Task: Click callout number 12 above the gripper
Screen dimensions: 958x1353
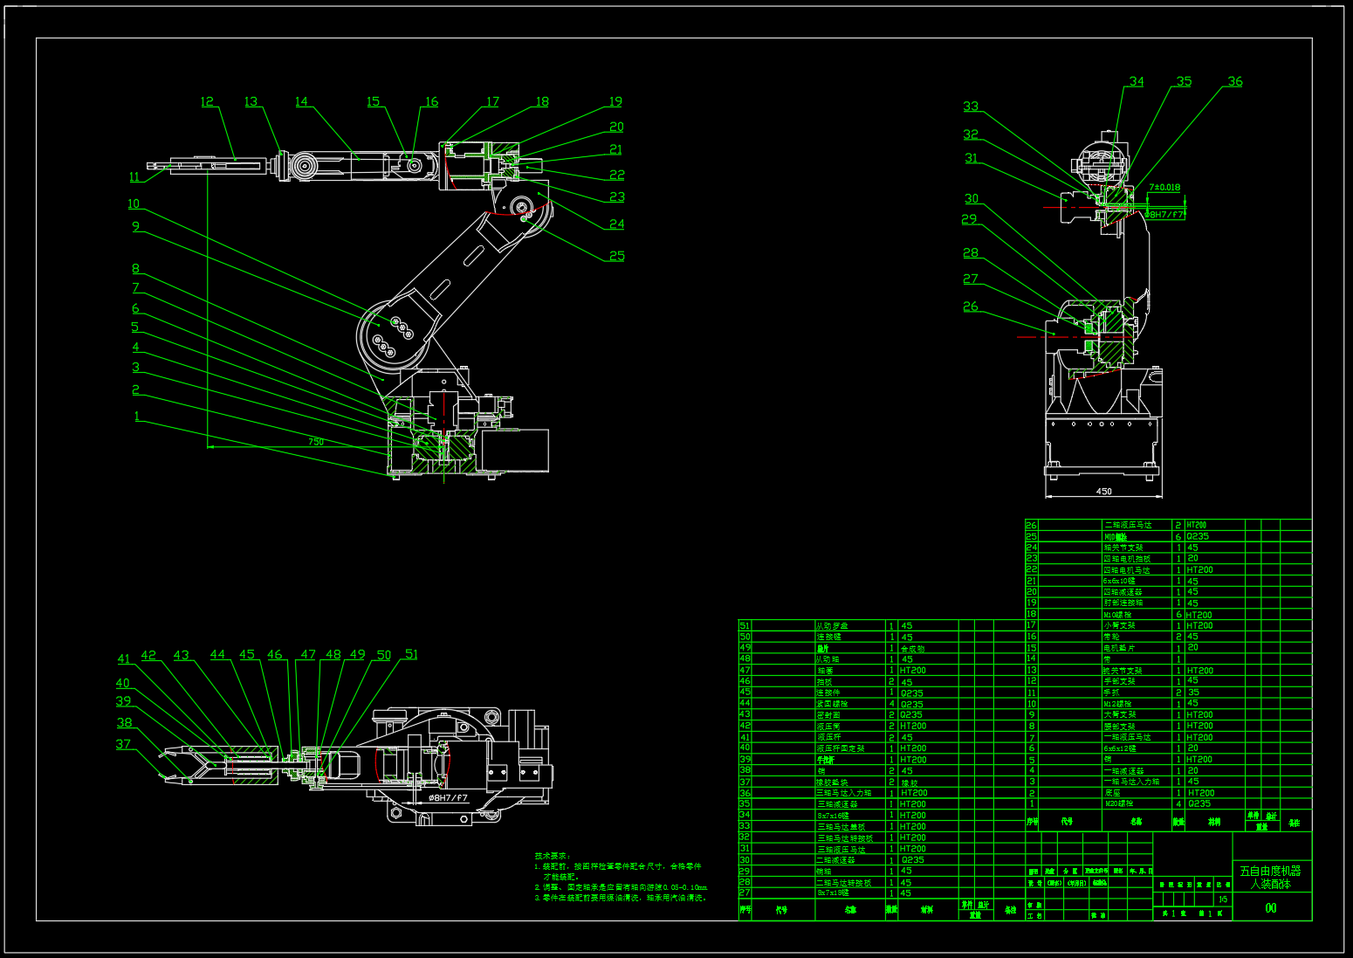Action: tap(207, 101)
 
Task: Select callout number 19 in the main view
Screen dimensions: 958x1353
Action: tap(615, 101)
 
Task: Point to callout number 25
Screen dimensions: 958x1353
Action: tap(617, 256)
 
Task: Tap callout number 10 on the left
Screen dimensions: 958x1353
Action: tap(134, 203)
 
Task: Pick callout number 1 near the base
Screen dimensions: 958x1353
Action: tap(137, 416)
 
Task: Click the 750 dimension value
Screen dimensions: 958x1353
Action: tap(316, 442)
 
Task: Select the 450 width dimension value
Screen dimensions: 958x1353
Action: tap(1103, 492)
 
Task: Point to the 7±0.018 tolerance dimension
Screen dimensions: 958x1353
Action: tap(1164, 187)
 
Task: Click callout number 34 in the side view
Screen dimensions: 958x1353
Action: tap(1137, 81)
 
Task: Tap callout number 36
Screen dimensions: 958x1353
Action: tap(1235, 81)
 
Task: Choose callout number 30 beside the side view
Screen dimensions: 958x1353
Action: tap(972, 198)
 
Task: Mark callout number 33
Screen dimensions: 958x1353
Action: tap(971, 106)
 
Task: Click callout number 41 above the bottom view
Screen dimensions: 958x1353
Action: tap(124, 659)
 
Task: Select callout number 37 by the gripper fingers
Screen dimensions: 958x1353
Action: tap(123, 744)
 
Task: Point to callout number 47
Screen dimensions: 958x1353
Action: tap(308, 654)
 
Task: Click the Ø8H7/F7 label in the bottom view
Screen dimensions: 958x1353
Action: tap(448, 798)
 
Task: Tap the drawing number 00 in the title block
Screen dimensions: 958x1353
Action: tap(1271, 908)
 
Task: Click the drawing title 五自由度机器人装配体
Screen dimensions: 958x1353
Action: tap(1271, 877)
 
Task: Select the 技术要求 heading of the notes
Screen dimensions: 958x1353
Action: tap(553, 856)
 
